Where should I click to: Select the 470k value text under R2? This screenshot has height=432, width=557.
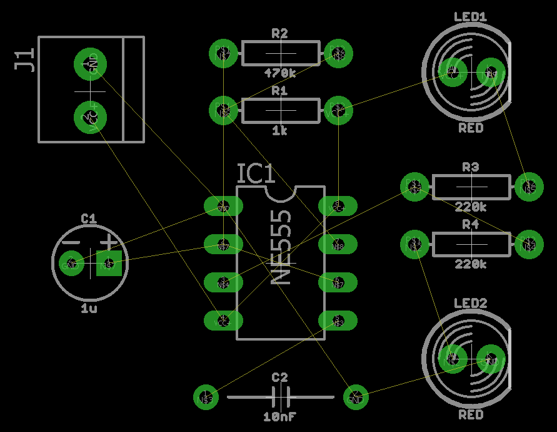279,73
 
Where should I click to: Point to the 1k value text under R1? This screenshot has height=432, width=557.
279,131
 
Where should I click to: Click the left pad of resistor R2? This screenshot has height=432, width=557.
223,53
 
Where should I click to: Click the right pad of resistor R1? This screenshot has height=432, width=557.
338,110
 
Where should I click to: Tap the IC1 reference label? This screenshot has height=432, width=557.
256,174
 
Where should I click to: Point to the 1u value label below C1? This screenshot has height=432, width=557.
89,309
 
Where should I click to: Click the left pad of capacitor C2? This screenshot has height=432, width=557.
206,397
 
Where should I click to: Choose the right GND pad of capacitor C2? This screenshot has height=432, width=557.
356,397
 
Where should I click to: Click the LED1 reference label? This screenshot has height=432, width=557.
470,17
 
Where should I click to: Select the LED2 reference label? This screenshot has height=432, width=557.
470,304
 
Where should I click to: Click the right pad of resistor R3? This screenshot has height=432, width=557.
529,187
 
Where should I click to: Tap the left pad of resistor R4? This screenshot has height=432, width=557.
414,244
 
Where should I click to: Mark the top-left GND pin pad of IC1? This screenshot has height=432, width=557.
223,206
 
